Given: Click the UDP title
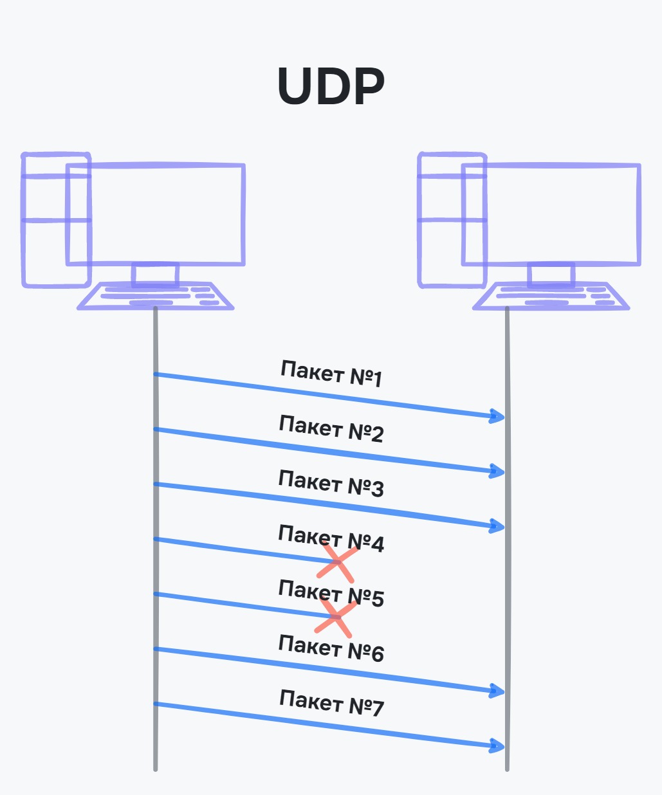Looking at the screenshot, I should (x=331, y=87).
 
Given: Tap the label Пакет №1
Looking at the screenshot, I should (x=331, y=374).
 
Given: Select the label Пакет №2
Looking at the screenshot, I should (x=331, y=429).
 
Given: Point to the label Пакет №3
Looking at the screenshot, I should (x=331, y=484).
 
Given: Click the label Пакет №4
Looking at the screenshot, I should (x=331, y=538).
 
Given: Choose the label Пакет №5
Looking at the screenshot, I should (x=331, y=593).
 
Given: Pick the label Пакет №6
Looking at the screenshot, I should (x=331, y=648).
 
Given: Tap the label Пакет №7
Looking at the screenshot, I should (x=331, y=702).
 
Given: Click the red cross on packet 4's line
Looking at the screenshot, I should (x=337, y=563).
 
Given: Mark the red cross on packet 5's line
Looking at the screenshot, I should (x=336, y=617).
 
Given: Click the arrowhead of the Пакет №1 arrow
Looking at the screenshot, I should (x=497, y=417).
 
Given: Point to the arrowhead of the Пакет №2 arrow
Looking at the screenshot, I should (x=497, y=471).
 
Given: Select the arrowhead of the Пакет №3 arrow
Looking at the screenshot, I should (x=497, y=527).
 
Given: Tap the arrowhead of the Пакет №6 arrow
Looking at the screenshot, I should (x=497, y=691).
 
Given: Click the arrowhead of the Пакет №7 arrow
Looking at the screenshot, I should (x=497, y=746).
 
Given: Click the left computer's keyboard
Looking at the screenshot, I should (x=155, y=297).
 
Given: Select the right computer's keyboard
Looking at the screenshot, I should (x=551, y=297).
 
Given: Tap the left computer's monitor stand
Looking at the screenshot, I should (x=155, y=275).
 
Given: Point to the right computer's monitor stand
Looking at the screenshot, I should (x=551, y=275).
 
